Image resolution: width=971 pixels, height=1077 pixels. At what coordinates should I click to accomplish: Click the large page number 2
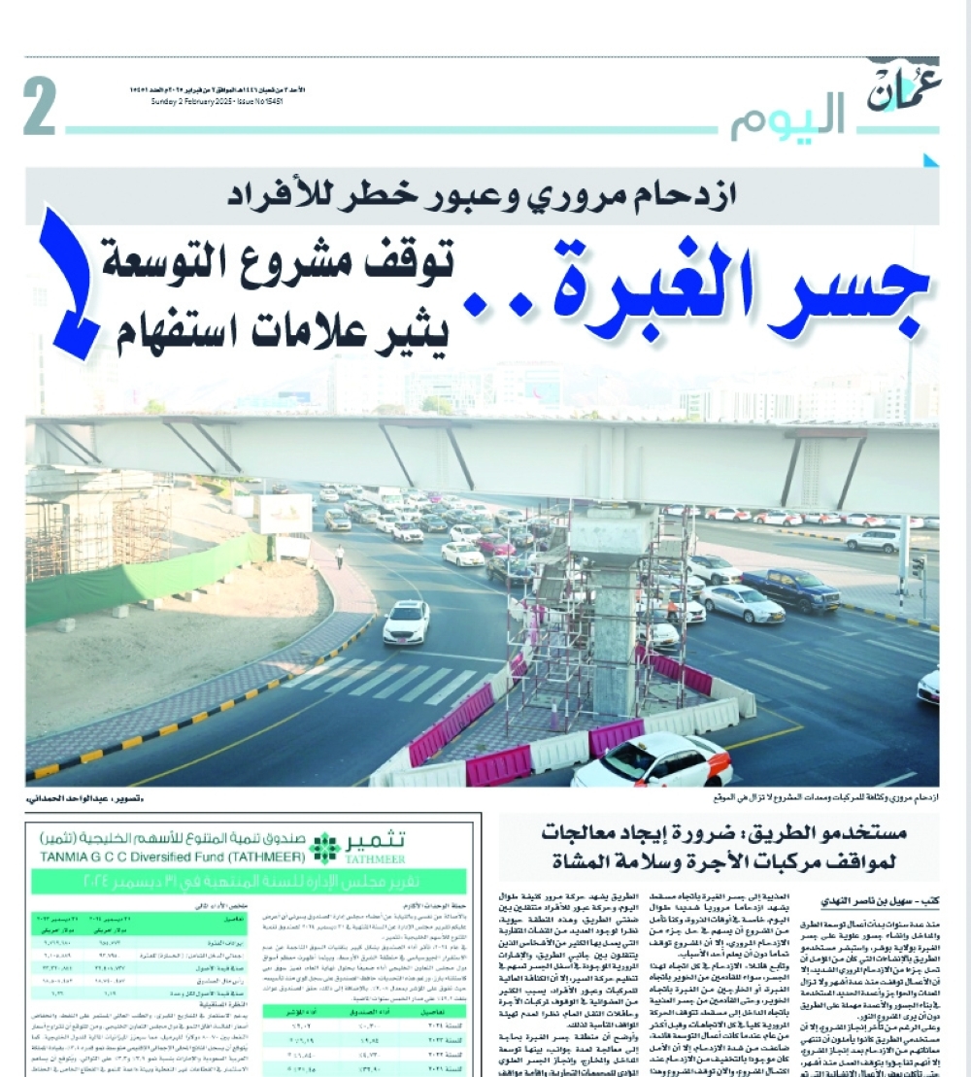(40, 108)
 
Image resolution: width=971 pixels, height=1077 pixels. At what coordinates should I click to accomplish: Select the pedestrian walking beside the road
(340, 555)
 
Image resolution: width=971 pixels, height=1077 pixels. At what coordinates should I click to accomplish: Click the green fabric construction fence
(146, 580)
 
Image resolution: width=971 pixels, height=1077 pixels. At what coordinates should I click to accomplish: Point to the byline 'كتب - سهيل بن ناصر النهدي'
(865, 900)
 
